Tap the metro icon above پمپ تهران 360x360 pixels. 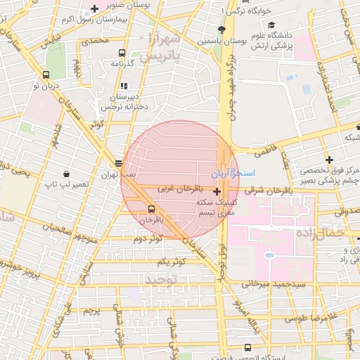(x=117, y=163)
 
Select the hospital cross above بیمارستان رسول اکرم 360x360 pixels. (x=94, y=8)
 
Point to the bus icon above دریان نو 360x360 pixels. (x=46, y=75)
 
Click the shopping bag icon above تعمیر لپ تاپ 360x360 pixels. (x=65, y=173)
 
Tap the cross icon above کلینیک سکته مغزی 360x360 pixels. (x=216, y=191)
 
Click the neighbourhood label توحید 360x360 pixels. (x=164, y=279)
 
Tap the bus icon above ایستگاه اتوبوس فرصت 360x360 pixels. (x=247, y=347)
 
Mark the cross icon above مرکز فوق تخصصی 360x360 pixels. (x=328, y=160)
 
